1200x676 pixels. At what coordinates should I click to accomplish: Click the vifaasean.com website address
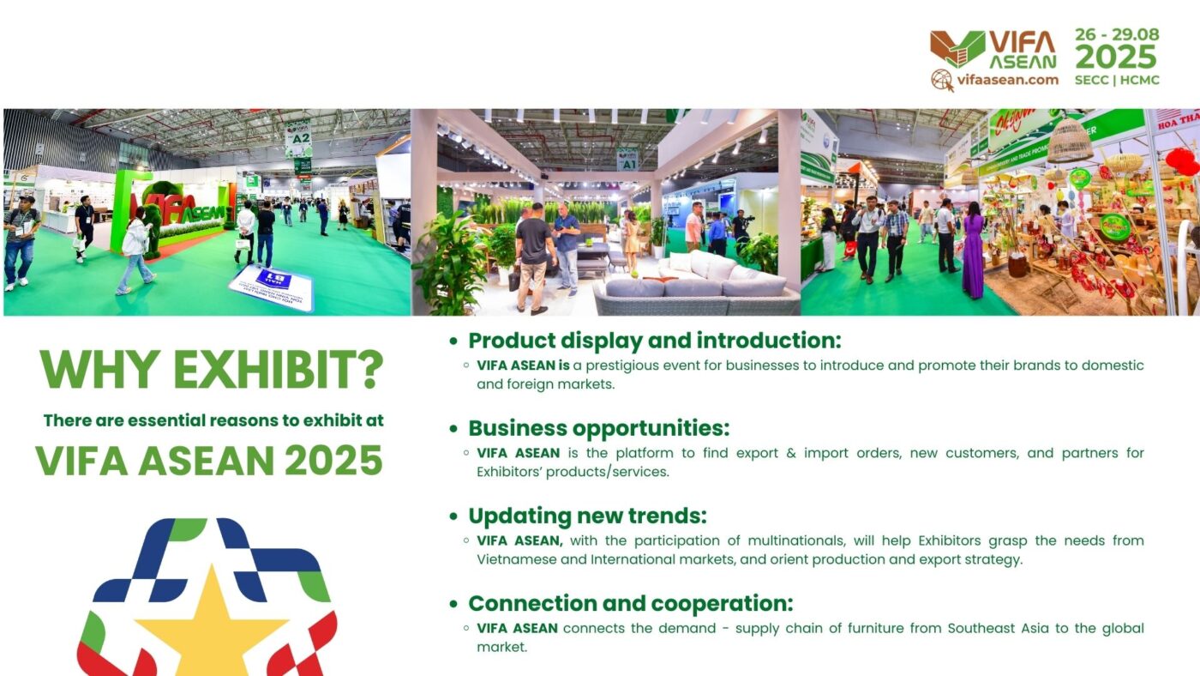tap(1007, 80)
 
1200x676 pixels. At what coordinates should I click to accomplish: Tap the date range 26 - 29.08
tap(1116, 35)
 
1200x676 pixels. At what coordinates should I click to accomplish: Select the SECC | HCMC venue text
tap(1116, 81)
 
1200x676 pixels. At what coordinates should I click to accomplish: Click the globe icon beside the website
tap(942, 81)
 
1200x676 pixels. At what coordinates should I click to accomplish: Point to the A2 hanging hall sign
tap(298, 139)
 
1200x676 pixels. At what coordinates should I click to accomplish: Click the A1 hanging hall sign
tap(627, 160)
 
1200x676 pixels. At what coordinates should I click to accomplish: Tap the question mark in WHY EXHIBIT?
tap(369, 369)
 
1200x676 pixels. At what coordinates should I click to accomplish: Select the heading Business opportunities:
tap(598, 428)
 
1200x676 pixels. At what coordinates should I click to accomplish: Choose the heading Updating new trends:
tap(587, 516)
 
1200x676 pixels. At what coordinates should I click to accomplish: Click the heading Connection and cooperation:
tap(630, 604)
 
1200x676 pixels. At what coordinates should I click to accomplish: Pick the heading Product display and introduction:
tap(655, 341)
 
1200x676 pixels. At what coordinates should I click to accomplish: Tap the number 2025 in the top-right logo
tap(1116, 57)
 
